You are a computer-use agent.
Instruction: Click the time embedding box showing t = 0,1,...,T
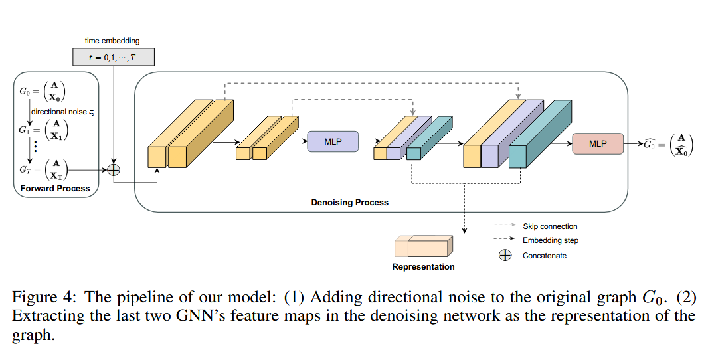tap(112, 57)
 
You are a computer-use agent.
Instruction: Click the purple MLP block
tap(332, 141)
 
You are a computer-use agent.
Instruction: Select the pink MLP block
tap(598, 143)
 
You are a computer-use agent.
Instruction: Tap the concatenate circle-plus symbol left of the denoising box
tap(114, 170)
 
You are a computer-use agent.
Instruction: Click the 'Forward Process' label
tap(55, 189)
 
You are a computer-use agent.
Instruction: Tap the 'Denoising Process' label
tap(349, 202)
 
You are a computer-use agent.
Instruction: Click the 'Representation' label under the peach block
tap(423, 267)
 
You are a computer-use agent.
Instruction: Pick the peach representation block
tap(425, 246)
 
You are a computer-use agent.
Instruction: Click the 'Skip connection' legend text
tap(550, 226)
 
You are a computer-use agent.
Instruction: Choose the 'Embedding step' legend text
tap(550, 240)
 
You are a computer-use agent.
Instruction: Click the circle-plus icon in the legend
tap(505, 255)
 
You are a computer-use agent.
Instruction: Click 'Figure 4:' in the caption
tap(41, 297)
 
